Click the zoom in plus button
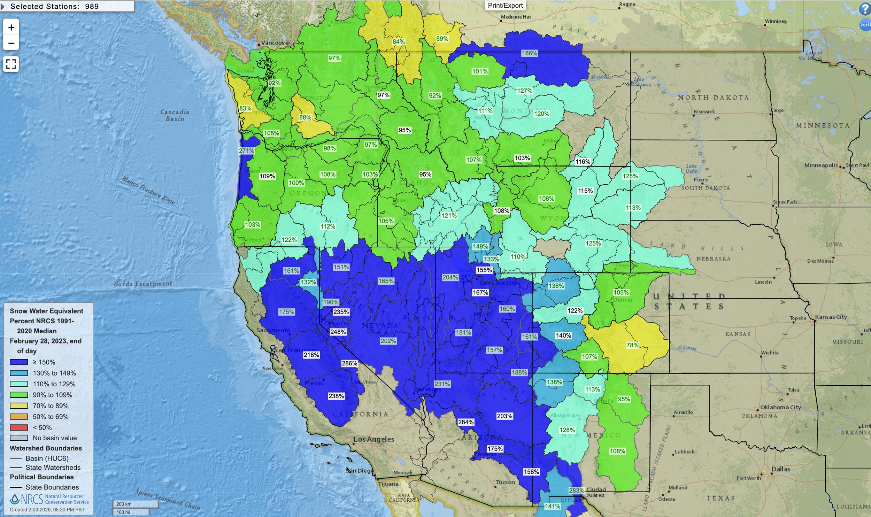pyautogui.click(x=11, y=27)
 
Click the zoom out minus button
pyautogui.click(x=11, y=43)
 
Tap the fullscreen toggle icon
pyautogui.click(x=11, y=64)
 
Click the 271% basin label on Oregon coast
pyautogui.click(x=246, y=151)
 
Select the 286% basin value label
pyautogui.click(x=349, y=363)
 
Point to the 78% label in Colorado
pyautogui.click(x=632, y=345)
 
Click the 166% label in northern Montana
pyautogui.click(x=529, y=53)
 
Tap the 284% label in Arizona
pyautogui.click(x=465, y=422)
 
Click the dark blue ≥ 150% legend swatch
pyautogui.click(x=19, y=362)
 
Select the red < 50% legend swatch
pyautogui.click(x=19, y=427)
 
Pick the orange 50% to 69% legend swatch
pyautogui.click(x=19, y=417)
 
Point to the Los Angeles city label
pyautogui.click(x=373, y=439)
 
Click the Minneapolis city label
pyautogui.click(x=821, y=165)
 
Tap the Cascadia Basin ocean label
pyautogui.click(x=175, y=115)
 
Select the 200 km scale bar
pyautogui.click(x=135, y=504)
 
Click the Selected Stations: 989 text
pyautogui.click(x=54, y=6)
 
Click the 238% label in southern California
pyautogui.click(x=336, y=396)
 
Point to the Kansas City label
pyautogui.click(x=831, y=317)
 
